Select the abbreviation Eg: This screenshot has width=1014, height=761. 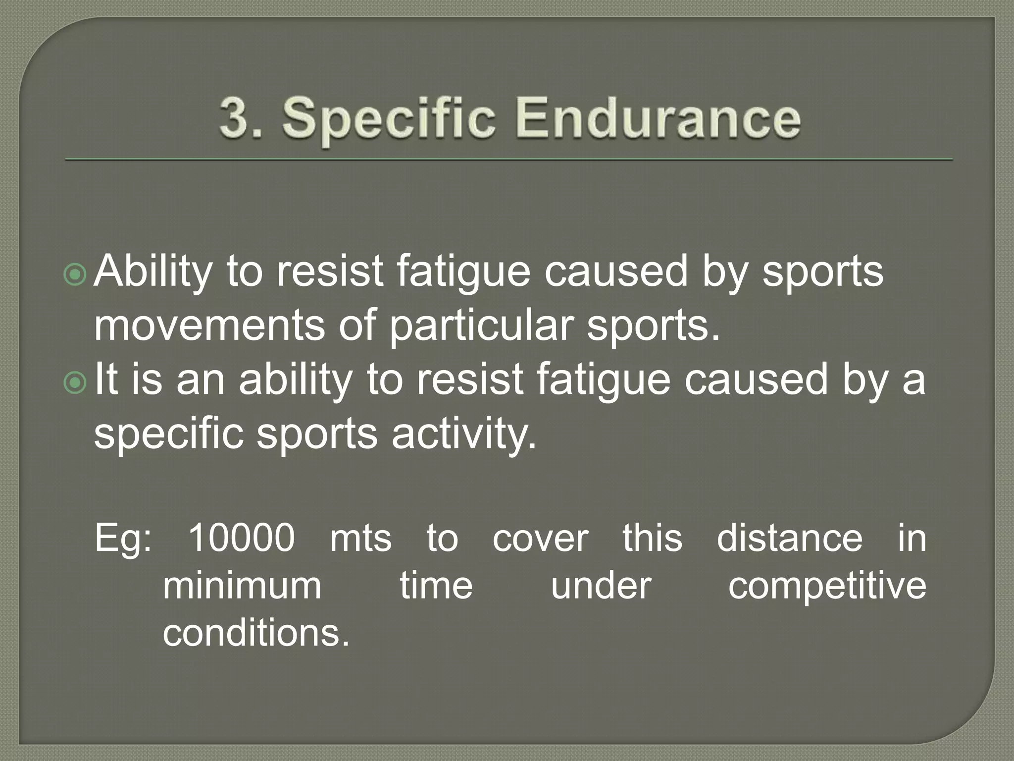coord(123,539)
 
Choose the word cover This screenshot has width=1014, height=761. coord(541,539)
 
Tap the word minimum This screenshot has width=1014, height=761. coord(242,586)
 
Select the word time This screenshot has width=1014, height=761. coord(436,586)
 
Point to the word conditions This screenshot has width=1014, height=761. coord(256,633)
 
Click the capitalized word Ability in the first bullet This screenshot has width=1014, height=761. coord(153,272)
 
